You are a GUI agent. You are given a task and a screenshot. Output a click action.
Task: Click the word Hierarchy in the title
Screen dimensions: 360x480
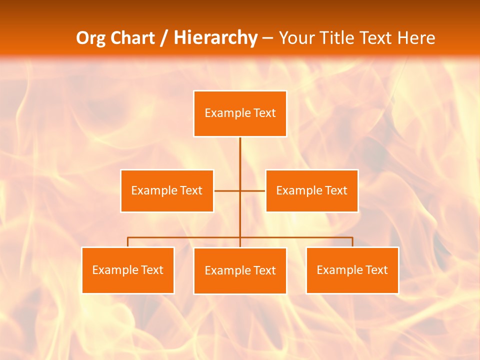click(215, 38)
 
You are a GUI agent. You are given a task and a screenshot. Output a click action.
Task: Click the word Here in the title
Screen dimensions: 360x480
click(416, 38)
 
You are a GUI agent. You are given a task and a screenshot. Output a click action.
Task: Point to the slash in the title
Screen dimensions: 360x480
click(163, 38)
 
